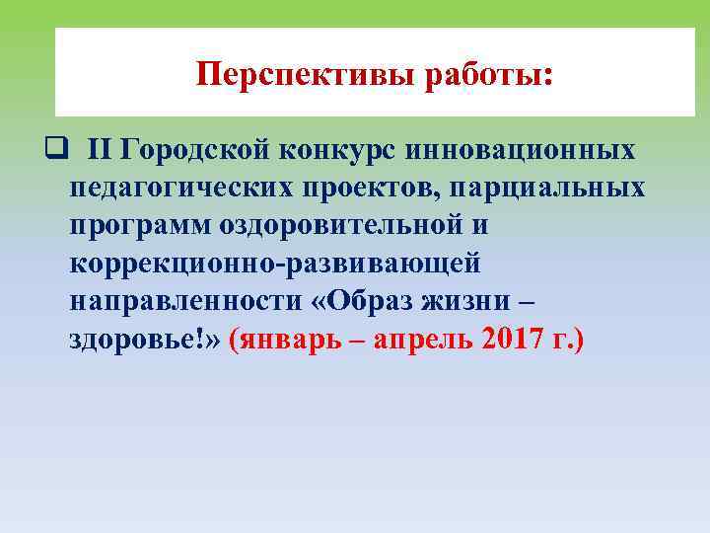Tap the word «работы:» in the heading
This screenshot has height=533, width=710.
(x=489, y=74)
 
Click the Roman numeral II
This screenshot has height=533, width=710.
(x=101, y=151)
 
